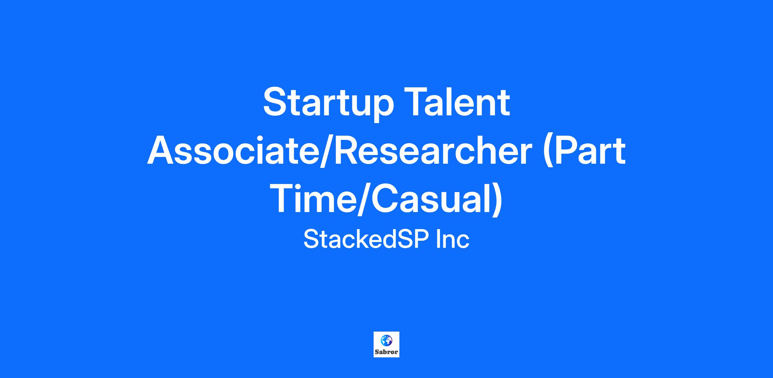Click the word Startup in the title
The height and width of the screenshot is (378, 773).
coord(328,105)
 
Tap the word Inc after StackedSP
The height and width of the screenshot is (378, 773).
coord(452,239)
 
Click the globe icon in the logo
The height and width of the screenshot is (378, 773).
coord(386,340)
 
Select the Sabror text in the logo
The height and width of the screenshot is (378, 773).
coord(386,352)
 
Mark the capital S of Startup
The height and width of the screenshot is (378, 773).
coord(274,102)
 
